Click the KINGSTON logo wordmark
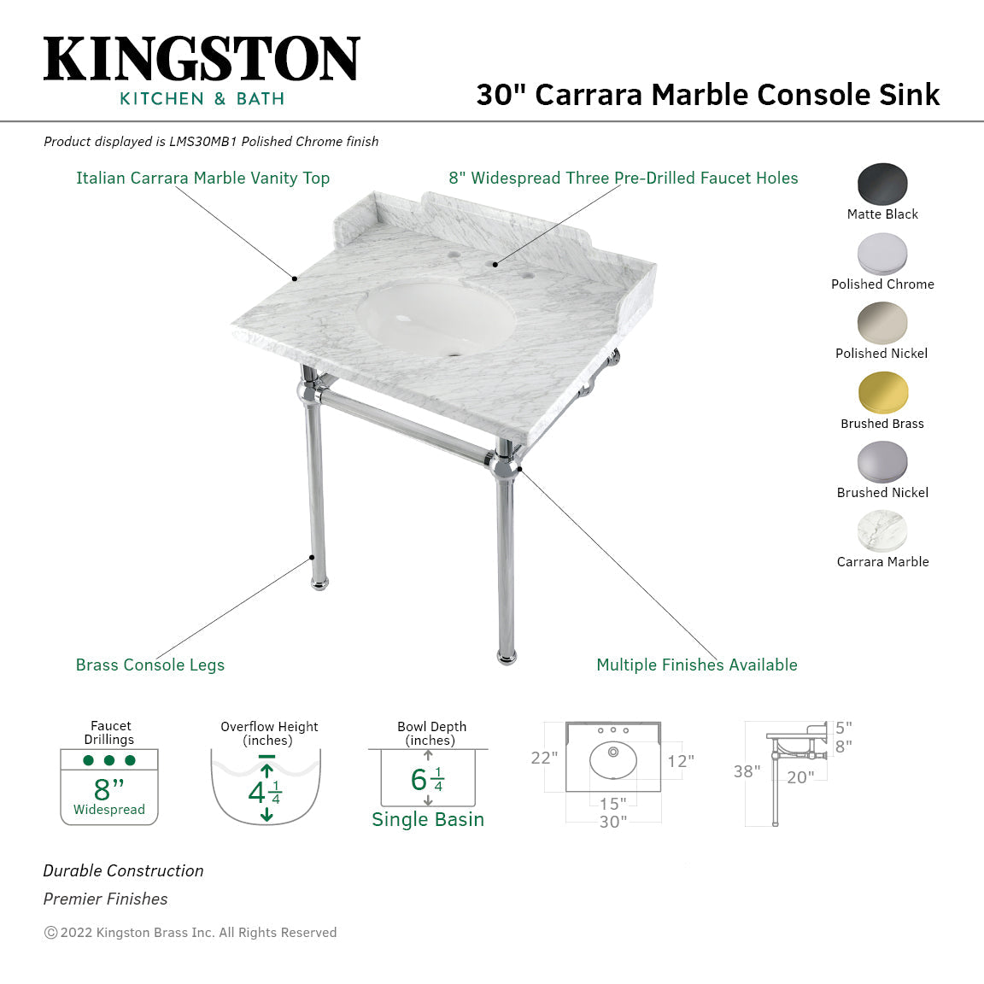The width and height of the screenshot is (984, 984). (x=202, y=59)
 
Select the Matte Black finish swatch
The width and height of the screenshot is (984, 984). (x=882, y=184)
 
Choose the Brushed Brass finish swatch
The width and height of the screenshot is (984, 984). (x=882, y=393)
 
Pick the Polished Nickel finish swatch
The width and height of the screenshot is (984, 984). (x=882, y=324)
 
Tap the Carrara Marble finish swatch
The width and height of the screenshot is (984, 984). (x=882, y=531)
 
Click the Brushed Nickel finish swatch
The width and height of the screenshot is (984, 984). (x=882, y=462)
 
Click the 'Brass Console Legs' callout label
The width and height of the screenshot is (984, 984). (x=150, y=665)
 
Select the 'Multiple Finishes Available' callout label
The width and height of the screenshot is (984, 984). (x=696, y=665)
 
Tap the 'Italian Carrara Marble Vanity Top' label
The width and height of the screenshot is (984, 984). (x=202, y=178)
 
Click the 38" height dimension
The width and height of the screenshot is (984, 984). (x=747, y=771)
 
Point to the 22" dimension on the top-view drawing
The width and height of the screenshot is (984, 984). (x=544, y=758)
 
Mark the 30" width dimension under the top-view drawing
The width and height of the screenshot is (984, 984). (x=613, y=822)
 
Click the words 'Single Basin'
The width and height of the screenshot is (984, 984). (x=428, y=819)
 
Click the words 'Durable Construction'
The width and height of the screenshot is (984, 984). (x=124, y=870)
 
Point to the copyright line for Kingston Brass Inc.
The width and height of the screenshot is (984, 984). (x=190, y=933)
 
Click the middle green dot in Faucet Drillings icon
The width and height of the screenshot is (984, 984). (x=109, y=760)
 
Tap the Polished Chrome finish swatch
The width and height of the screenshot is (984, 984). (x=882, y=254)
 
